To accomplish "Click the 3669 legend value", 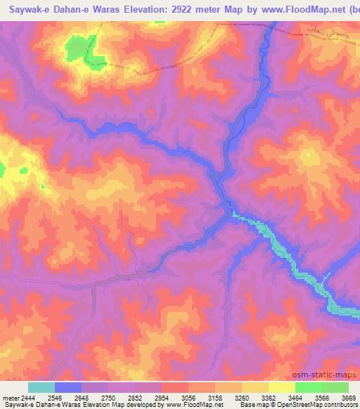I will tap(349, 398).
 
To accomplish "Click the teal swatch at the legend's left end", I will tap(41, 387).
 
